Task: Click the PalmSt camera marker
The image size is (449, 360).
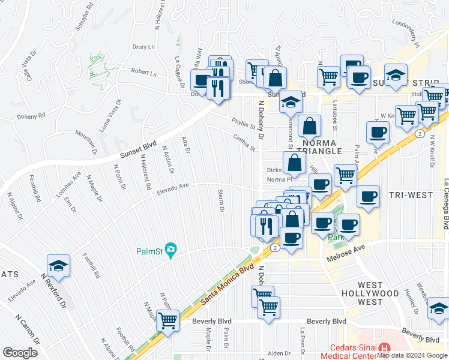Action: click(171, 250)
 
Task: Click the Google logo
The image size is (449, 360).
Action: click(20, 353)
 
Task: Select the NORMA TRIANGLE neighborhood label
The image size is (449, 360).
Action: click(322, 147)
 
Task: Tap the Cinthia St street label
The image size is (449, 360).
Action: click(244, 142)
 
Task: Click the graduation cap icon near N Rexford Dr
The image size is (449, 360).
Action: click(59, 268)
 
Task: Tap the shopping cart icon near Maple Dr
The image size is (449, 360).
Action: click(167, 322)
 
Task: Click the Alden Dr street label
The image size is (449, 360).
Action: click(279, 353)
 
